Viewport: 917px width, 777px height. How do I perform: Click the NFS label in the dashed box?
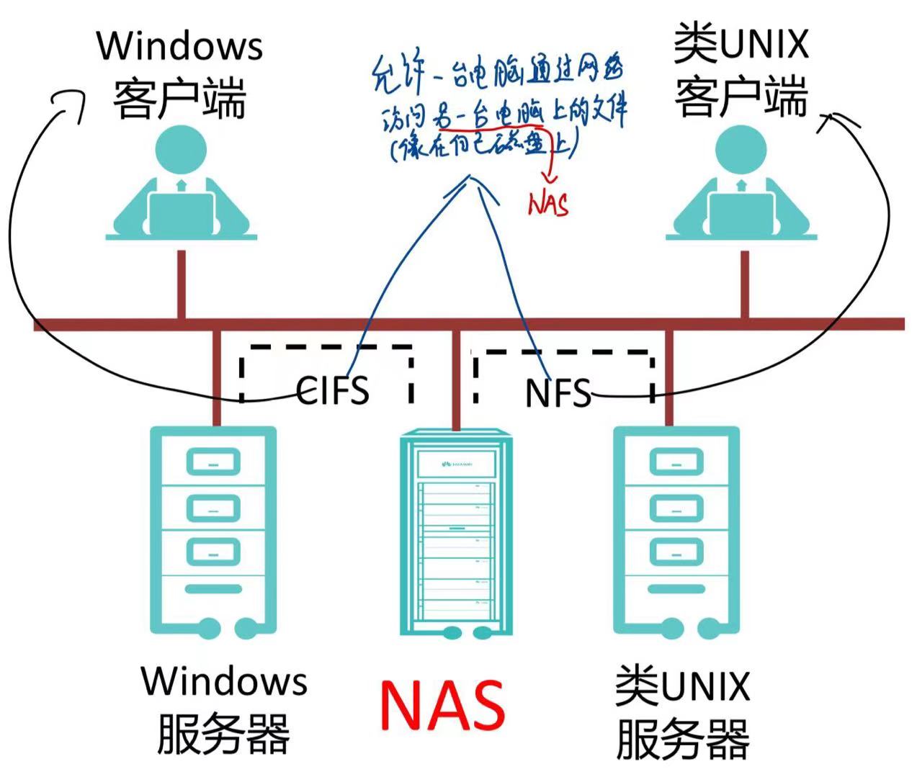(558, 392)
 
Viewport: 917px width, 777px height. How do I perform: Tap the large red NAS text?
(442, 705)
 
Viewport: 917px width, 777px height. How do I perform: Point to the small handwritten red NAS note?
(549, 204)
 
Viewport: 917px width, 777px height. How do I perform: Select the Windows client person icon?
(181, 183)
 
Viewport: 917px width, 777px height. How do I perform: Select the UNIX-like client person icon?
(741, 183)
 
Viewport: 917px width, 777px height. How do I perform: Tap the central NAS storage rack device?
(456, 533)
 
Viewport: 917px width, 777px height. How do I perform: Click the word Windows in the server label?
(224, 681)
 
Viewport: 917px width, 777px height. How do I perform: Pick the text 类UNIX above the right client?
(741, 43)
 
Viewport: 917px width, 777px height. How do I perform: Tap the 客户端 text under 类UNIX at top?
(741, 97)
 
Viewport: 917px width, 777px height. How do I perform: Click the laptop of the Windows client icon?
(181, 214)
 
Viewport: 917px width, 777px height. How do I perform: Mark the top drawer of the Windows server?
(213, 462)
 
